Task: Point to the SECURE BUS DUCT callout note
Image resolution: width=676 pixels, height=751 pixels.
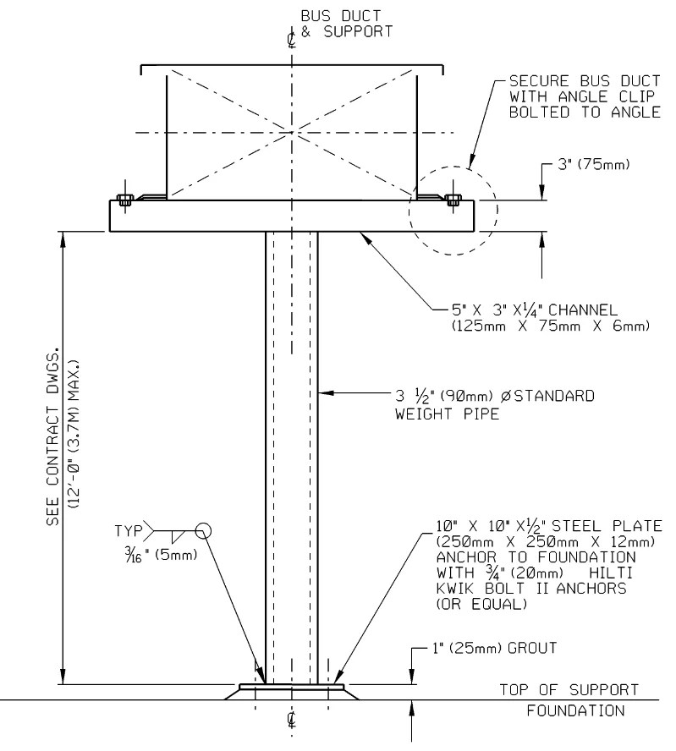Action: tap(584, 98)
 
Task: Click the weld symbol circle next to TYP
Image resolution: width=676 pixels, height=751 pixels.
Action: tap(203, 530)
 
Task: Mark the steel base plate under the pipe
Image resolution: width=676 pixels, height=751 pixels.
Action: tap(292, 687)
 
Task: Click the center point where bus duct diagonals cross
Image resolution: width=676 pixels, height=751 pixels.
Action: tap(292, 132)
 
